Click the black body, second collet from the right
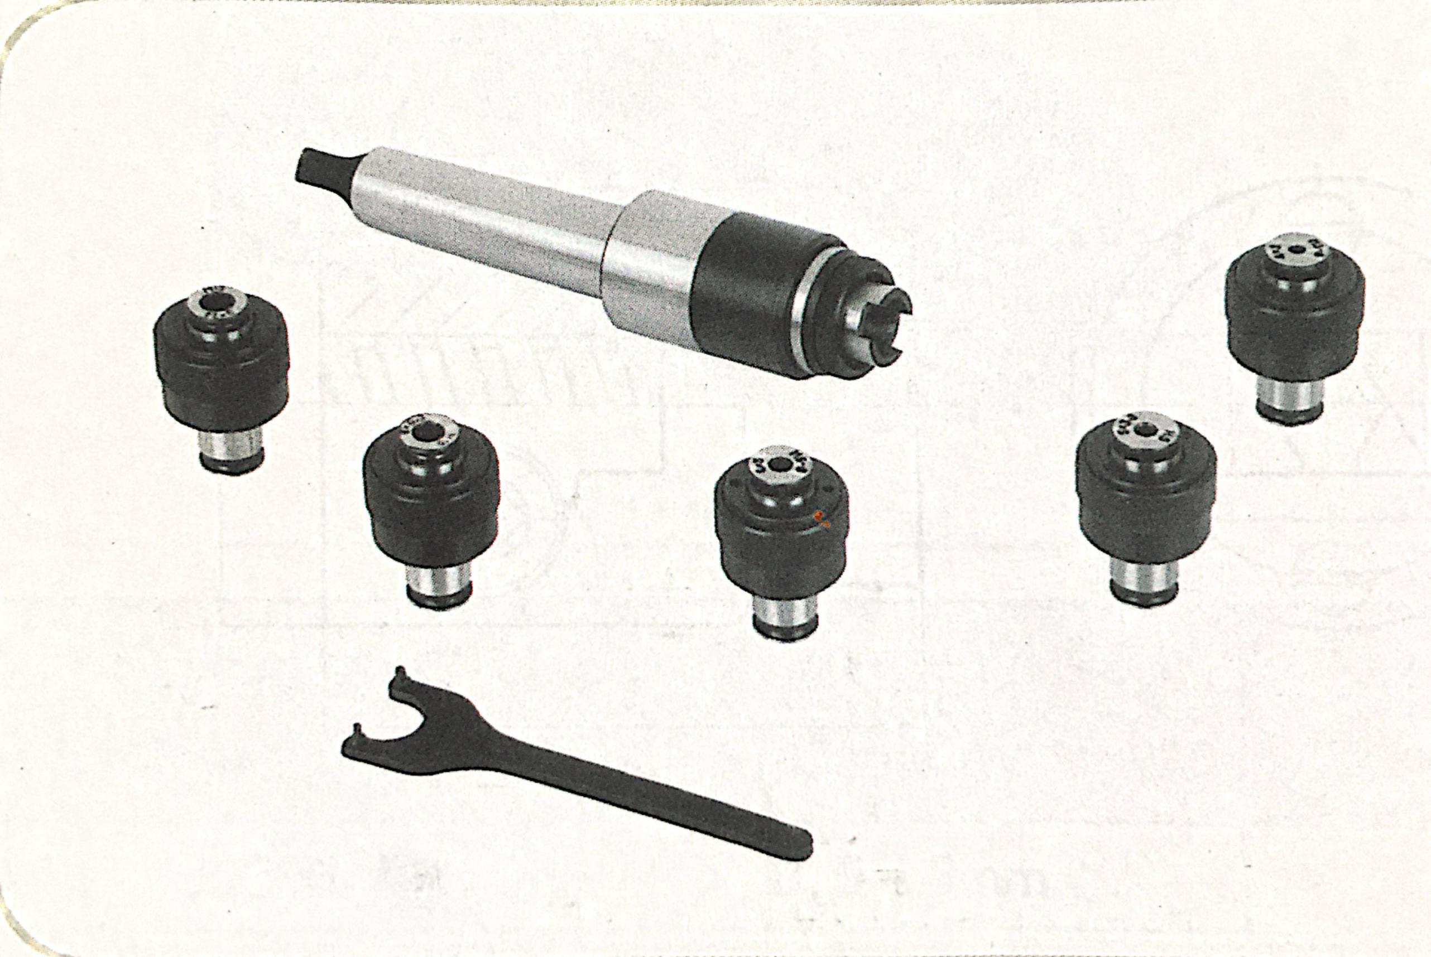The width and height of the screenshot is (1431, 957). click(x=1146, y=506)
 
